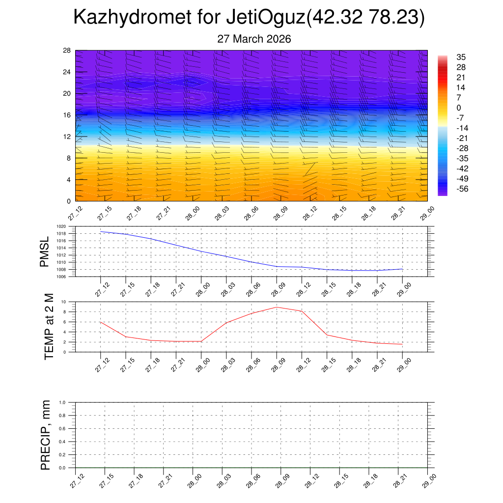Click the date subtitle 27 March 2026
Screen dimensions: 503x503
click(x=254, y=39)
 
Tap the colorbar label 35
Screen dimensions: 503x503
click(x=461, y=56)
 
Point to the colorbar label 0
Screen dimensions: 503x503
click(x=459, y=108)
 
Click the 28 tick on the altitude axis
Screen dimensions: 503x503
click(x=66, y=50)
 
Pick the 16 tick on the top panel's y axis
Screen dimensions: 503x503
click(x=66, y=115)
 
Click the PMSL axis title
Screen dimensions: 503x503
click(x=45, y=251)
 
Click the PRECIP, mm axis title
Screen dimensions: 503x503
click(x=46, y=435)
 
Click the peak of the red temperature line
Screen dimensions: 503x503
click(x=277, y=307)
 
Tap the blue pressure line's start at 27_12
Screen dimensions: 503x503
click(x=100, y=231)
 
